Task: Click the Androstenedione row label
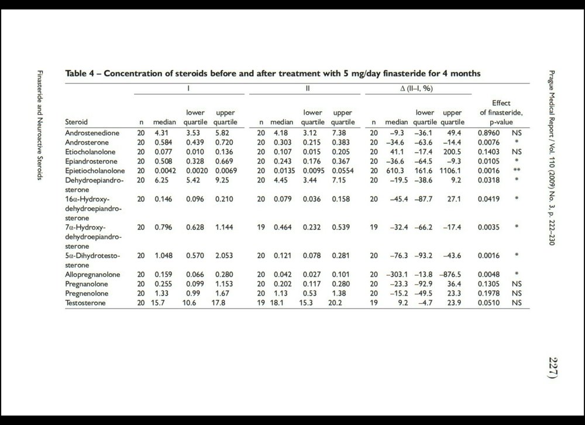[x=92, y=133]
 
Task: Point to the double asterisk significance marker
[x=516, y=170]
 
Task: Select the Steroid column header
[x=77, y=122]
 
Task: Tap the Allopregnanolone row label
[x=93, y=273]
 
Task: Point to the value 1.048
[x=164, y=256]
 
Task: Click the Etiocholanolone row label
[x=91, y=152]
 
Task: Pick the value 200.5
[x=453, y=152]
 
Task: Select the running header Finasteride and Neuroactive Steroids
[x=39, y=125]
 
